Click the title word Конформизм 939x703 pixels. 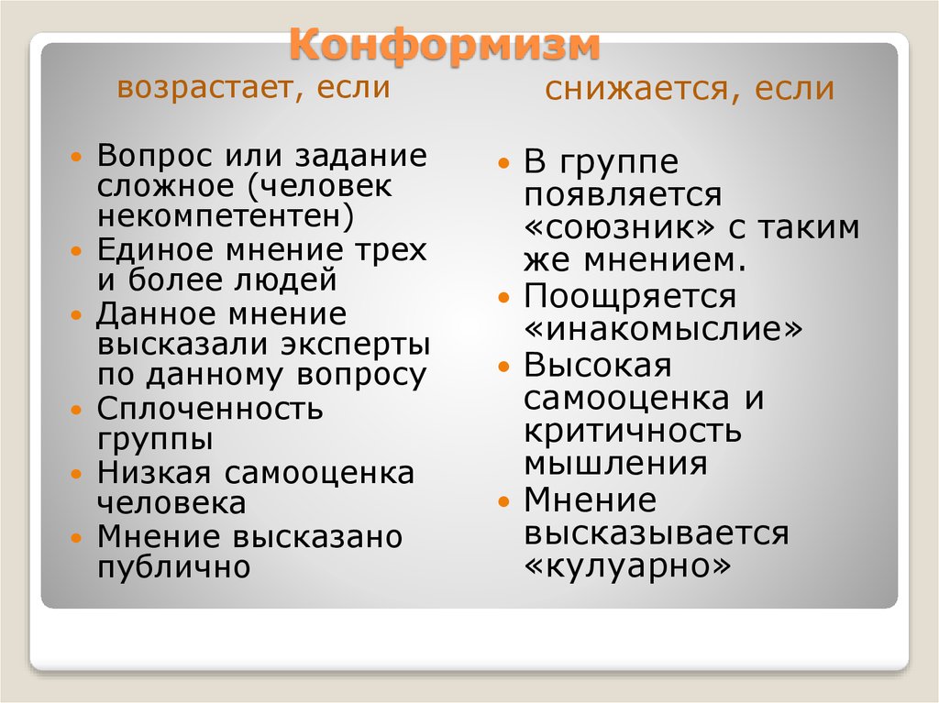(x=445, y=46)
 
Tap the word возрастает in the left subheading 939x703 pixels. (x=201, y=88)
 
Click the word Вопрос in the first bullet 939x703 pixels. (x=155, y=155)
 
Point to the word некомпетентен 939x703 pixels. (x=226, y=216)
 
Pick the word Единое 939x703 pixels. (x=156, y=249)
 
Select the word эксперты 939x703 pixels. (x=355, y=345)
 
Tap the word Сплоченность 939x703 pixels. (x=210, y=409)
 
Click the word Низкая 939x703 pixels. (x=154, y=472)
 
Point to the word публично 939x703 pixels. (x=173, y=567)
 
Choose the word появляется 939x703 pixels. (x=623, y=194)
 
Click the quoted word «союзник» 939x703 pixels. (x=619, y=227)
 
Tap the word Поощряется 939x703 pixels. (x=630, y=296)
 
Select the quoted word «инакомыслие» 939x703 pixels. (x=663, y=328)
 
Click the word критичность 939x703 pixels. (x=633, y=431)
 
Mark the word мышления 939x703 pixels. (x=615, y=464)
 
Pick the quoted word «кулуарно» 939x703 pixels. (x=627, y=566)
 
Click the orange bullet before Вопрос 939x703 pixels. (x=75, y=158)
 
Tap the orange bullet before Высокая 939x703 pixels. (x=504, y=367)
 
